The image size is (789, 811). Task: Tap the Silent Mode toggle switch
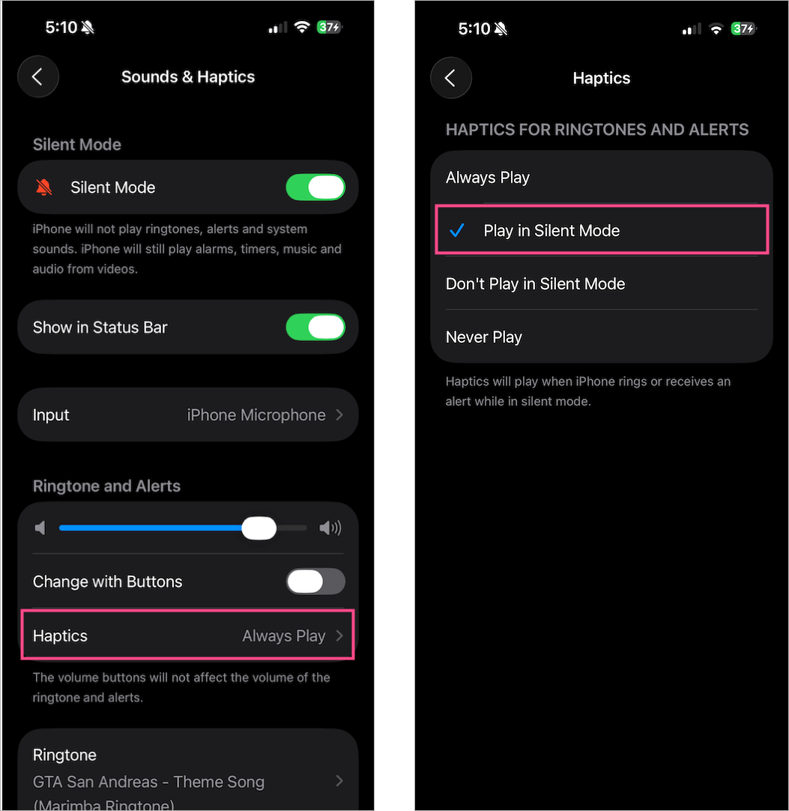tap(315, 187)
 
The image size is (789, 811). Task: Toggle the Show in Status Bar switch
tap(315, 327)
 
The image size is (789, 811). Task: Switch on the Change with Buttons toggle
tap(315, 582)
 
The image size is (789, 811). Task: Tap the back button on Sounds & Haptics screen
tap(37, 76)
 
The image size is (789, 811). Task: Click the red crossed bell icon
tap(44, 187)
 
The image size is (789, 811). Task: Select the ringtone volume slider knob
tap(259, 528)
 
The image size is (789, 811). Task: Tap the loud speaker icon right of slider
tap(330, 528)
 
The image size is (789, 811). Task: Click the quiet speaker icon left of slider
tap(40, 528)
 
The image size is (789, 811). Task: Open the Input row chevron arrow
tap(339, 414)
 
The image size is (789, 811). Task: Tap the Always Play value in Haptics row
tap(284, 636)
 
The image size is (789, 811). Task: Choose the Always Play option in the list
tap(488, 178)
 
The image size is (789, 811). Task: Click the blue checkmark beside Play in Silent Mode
tap(456, 230)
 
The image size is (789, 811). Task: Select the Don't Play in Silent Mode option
tap(535, 284)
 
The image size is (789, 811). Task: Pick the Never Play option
tap(484, 337)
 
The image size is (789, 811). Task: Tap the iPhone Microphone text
tap(256, 414)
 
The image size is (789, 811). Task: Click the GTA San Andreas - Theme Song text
tap(148, 782)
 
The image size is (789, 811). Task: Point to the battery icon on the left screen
tap(330, 27)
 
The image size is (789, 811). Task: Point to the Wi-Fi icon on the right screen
tap(716, 29)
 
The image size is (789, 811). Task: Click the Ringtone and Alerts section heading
tap(106, 486)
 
